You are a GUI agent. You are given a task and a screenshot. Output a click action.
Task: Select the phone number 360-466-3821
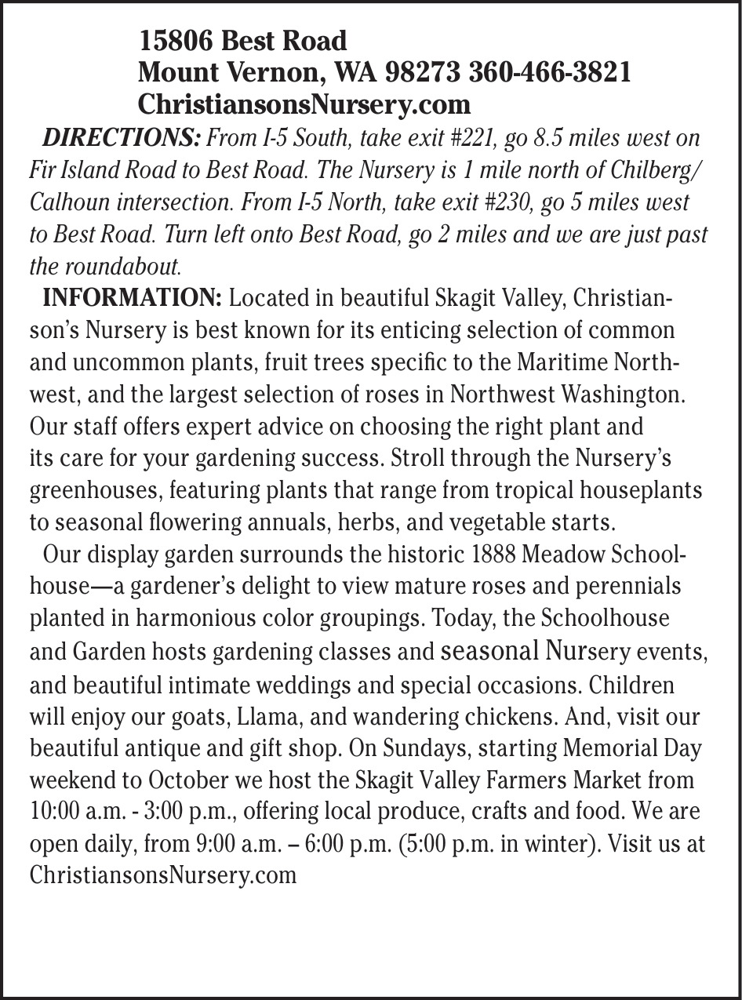click(x=550, y=72)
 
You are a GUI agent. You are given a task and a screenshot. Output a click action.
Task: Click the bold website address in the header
click(x=304, y=104)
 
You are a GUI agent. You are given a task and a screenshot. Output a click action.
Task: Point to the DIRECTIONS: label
click(x=122, y=139)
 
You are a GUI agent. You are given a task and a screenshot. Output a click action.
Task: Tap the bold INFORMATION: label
click(x=133, y=299)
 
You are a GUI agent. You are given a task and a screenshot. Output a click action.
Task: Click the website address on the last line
click(x=163, y=875)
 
